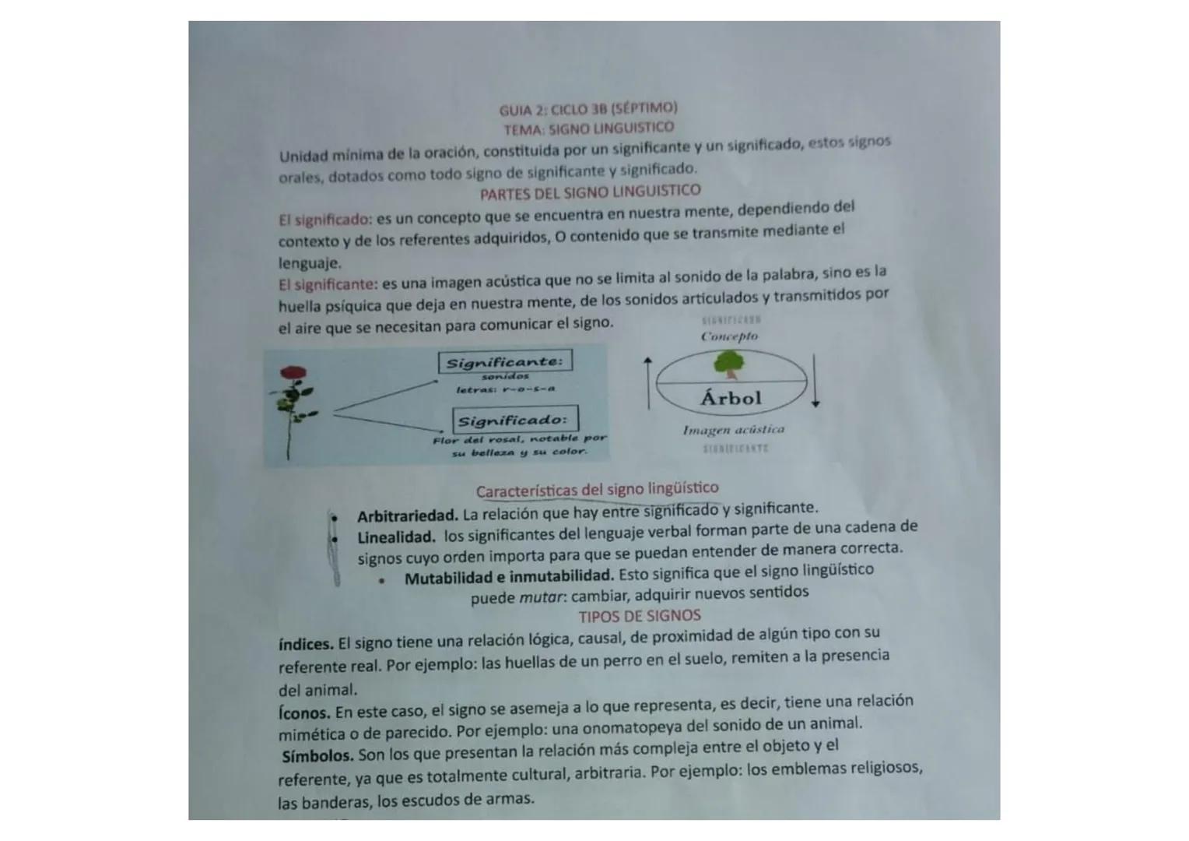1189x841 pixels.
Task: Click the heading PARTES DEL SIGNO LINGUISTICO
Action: tap(590, 192)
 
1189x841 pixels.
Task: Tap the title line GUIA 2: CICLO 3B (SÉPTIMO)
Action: tap(588, 108)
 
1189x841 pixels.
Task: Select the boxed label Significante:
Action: tap(505, 362)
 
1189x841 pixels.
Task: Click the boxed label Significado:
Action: tap(515, 420)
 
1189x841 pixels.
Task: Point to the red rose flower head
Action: tap(293, 375)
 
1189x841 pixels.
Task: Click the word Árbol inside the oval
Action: tap(731, 398)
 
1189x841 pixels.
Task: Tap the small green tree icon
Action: tap(728, 362)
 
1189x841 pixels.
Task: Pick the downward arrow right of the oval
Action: tap(815, 380)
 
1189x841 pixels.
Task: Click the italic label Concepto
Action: tap(729, 336)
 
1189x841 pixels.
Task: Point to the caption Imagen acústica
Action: tap(733, 430)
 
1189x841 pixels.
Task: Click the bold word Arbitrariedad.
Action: tap(407, 516)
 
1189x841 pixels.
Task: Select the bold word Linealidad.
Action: tap(396, 537)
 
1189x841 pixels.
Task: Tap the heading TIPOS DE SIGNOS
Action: tap(639, 616)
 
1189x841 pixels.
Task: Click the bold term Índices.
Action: tap(306, 645)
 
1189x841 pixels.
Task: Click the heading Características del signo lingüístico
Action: tap(597, 490)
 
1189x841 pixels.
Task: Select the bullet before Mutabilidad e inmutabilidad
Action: tap(382, 580)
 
